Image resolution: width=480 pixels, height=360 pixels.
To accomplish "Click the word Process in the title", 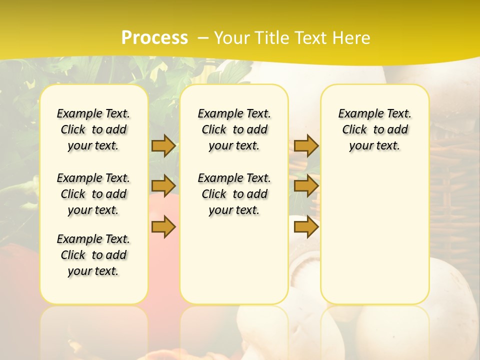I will pyautogui.click(x=154, y=37).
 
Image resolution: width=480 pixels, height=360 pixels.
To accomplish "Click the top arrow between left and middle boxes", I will pyautogui.click(x=163, y=145).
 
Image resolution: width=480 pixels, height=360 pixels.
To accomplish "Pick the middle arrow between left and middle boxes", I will pyautogui.click(x=163, y=186).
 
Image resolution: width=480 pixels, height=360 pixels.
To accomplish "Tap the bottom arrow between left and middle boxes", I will pyautogui.click(x=163, y=227).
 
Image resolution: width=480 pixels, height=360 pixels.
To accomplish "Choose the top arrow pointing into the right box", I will pyautogui.click(x=306, y=145).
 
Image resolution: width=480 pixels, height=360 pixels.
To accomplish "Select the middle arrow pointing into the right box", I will pyautogui.click(x=306, y=186).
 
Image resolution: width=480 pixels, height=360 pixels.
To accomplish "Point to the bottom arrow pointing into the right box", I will pyautogui.click(x=306, y=227).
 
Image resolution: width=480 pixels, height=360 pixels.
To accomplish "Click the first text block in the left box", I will pyautogui.click(x=93, y=129).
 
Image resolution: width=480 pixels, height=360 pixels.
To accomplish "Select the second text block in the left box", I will pyautogui.click(x=93, y=194).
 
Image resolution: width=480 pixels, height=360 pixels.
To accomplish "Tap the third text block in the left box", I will pyautogui.click(x=93, y=255).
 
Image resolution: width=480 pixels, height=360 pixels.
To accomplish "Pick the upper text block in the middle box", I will pyautogui.click(x=234, y=129).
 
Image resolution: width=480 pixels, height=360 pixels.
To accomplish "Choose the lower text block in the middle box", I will pyautogui.click(x=234, y=194).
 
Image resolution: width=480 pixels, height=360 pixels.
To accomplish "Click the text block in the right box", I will pyautogui.click(x=374, y=129).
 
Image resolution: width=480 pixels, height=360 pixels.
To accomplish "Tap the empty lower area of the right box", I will pyautogui.click(x=374, y=235).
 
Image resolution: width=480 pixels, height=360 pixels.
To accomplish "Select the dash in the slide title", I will pyautogui.click(x=203, y=38).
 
